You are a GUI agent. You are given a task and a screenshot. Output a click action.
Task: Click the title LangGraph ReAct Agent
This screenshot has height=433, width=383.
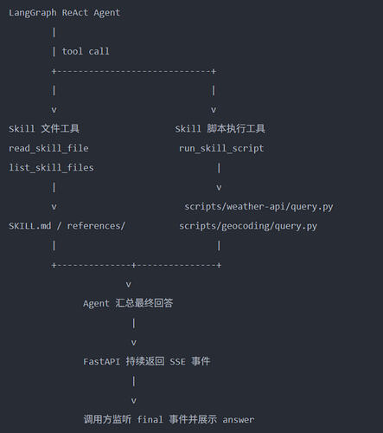pos(64,13)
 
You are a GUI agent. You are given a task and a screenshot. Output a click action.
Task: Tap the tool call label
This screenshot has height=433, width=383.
pos(86,51)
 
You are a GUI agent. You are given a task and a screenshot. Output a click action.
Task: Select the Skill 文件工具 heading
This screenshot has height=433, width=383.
pos(44,128)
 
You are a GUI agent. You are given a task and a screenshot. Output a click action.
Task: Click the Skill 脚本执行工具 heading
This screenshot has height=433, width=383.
pos(220,128)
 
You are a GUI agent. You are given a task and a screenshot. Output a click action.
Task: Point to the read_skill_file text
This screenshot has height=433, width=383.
pos(48,148)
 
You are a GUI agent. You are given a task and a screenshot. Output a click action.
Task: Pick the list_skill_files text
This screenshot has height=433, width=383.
pos(51,167)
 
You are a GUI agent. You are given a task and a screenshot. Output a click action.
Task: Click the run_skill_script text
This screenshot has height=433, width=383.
pos(221,148)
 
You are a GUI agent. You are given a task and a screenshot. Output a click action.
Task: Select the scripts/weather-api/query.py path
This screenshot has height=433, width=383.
pos(259,207)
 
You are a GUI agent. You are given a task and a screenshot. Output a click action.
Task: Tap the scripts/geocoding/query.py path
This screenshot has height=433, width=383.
pos(248,226)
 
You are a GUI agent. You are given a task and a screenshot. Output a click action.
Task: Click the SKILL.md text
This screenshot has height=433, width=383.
pos(30,226)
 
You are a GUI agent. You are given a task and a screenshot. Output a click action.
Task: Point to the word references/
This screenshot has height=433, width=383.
pos(96,226)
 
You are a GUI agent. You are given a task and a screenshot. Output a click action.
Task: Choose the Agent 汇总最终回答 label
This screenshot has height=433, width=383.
pos(128,303)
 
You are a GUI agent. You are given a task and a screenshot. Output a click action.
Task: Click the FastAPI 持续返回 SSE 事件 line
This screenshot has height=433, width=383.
pos(147,361)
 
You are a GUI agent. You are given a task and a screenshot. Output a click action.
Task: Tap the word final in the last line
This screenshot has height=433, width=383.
pos(150,419)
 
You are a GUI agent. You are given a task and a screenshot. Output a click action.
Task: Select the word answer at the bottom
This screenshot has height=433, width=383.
pos(239,419)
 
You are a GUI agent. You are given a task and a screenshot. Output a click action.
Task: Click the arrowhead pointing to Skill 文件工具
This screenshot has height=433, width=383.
pos(54,110)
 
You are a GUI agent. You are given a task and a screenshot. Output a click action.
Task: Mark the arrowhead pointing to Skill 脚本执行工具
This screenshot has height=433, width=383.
pos(214,110)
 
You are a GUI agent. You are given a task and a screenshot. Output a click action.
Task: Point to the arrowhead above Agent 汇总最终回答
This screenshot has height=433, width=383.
pos(128,284)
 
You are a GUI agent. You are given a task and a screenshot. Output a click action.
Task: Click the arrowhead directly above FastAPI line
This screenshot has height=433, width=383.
pos(134,343)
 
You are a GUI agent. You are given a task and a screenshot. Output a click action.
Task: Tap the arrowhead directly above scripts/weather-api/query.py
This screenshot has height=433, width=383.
pos(219,187)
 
